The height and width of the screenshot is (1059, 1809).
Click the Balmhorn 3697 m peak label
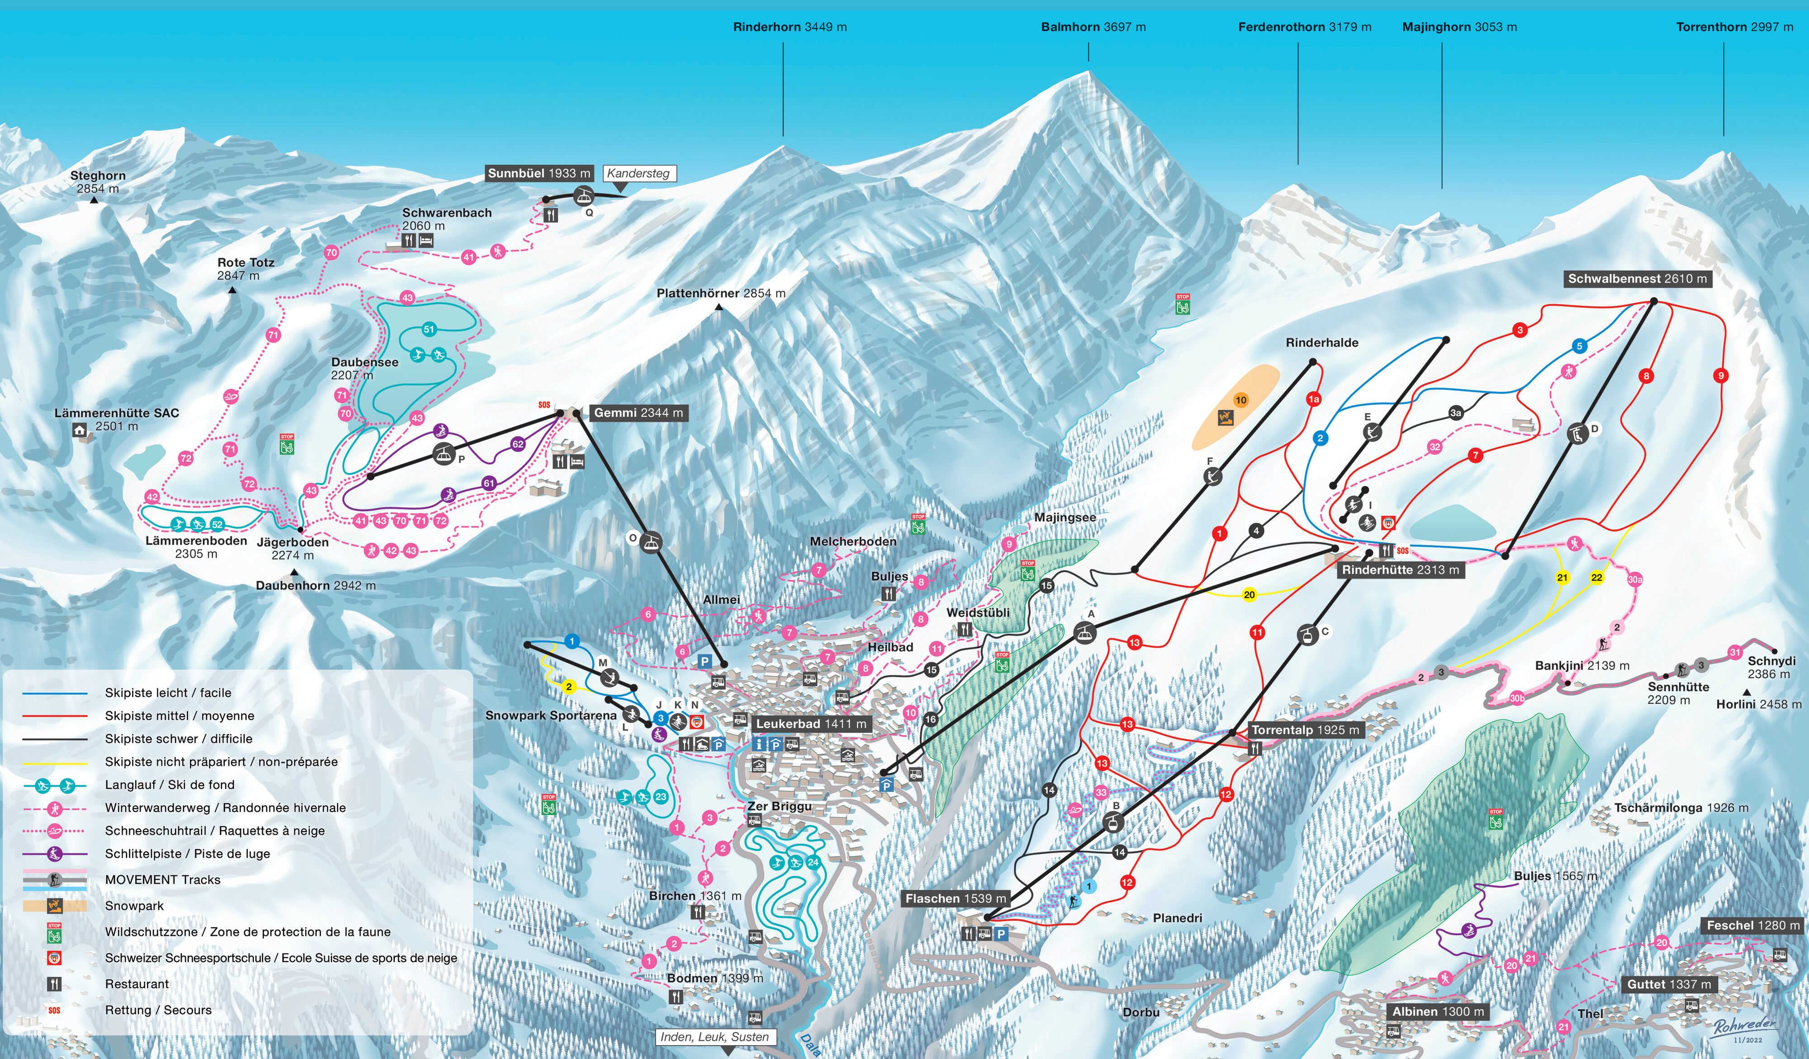pyautogui.click(x=1093, y=27)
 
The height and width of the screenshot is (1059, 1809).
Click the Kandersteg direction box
pyautogui.click(x=638, y=173)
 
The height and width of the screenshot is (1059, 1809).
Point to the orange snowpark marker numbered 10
pyautogui.click(x=1241, y=400)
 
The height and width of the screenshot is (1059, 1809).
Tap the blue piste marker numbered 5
pyautogui.click(x=1579, y=346)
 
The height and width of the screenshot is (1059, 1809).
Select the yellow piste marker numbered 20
pyautogui.click(x=1249, y=594)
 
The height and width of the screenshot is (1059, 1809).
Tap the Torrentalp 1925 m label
pyautogui.click(x=1304, y=730)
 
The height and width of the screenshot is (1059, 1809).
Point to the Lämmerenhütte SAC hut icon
pyautogui.click(x=80, y=431)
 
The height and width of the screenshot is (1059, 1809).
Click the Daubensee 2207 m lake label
pyautogui.click(x=364, y=368)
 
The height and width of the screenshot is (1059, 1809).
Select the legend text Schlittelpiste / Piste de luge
pyautogui.click(x=187, y=854)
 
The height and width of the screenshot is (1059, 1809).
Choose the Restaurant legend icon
pyautogui.click(x=55, y=983)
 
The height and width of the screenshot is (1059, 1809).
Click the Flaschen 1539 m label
pyautogui.click(x=955, y=898)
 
